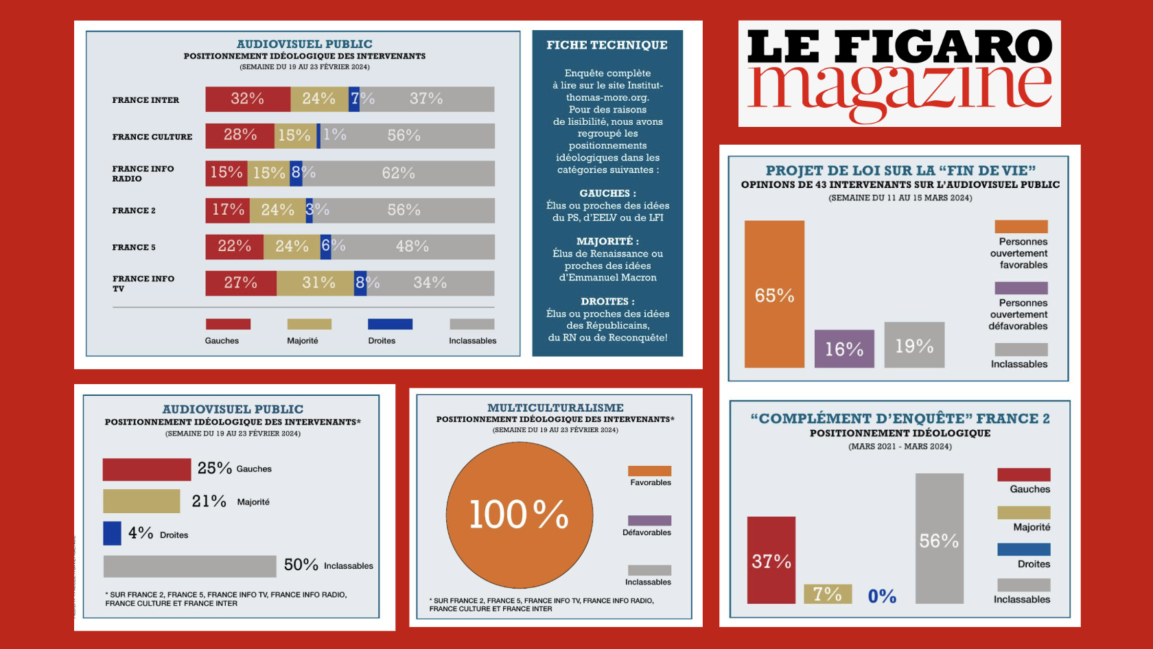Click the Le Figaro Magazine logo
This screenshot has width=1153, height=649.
[899, 73]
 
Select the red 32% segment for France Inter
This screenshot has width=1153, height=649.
[248, 99]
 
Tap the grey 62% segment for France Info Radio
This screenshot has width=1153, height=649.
[398, 174]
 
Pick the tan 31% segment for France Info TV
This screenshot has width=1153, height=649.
[315, 283]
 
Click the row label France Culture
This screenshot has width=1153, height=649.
[152, 137]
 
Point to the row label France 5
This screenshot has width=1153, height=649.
[134, 248]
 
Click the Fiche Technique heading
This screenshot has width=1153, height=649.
[607, 45]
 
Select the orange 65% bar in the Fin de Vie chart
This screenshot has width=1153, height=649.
[774, 294]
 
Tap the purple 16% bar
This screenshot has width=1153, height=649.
[844, 349]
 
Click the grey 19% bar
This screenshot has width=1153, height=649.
[914, 345]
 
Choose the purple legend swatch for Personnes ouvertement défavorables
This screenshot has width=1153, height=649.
[1021, 288]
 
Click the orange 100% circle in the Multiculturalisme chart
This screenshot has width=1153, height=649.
[519, 515]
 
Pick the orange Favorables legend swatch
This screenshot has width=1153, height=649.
[649, 471]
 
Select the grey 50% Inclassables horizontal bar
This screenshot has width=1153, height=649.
[189, 567]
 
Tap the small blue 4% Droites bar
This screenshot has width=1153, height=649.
[112, 534]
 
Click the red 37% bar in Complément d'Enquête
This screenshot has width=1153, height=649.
[771, 560]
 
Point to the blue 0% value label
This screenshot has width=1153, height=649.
[882, 596]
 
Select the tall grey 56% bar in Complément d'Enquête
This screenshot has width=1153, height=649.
[939, 539]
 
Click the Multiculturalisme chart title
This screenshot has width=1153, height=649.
[555, 408]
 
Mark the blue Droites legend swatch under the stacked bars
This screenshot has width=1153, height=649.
[390, 324]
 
